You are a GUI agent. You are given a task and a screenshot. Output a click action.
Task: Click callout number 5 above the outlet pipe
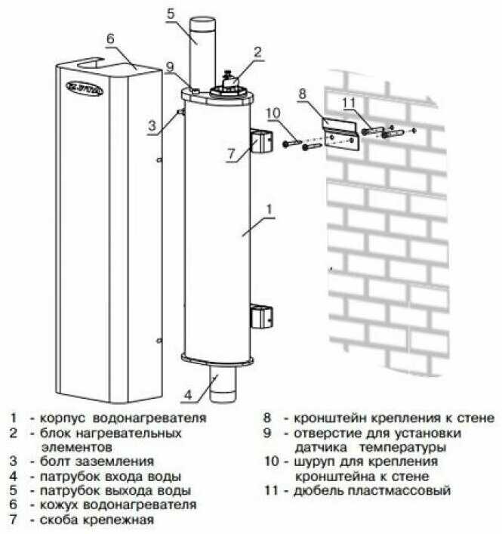[x=171, y=14]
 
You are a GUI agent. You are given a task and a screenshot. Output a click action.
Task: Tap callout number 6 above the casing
[x=110, y=39]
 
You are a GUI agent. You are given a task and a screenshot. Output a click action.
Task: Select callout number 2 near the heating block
[x=257, y=52]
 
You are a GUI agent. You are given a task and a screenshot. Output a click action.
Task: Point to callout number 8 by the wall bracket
[x=303, y=94]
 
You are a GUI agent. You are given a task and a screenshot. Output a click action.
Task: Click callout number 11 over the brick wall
[x=349, y=103]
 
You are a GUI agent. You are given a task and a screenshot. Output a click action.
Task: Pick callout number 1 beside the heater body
[x=269, y=209]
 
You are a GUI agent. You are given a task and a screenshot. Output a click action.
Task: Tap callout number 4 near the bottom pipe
[x=188, y=394]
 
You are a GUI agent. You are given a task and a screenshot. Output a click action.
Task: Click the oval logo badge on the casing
[x=84, y=89]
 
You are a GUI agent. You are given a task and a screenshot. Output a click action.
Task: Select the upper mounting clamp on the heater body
[x=262, y=140]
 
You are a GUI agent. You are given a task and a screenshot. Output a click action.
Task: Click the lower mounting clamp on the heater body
[x=262, y=316]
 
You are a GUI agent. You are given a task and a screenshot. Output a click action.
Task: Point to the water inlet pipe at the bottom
[x=223, y=383]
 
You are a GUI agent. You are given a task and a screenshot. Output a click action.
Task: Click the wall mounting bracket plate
[x=340, y=134]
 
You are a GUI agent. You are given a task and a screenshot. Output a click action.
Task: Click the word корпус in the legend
[x=63, y=418]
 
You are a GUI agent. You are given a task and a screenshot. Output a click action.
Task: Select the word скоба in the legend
[x=60, y=520]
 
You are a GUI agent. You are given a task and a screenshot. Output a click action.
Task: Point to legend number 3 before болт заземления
[x=14, y=461]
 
